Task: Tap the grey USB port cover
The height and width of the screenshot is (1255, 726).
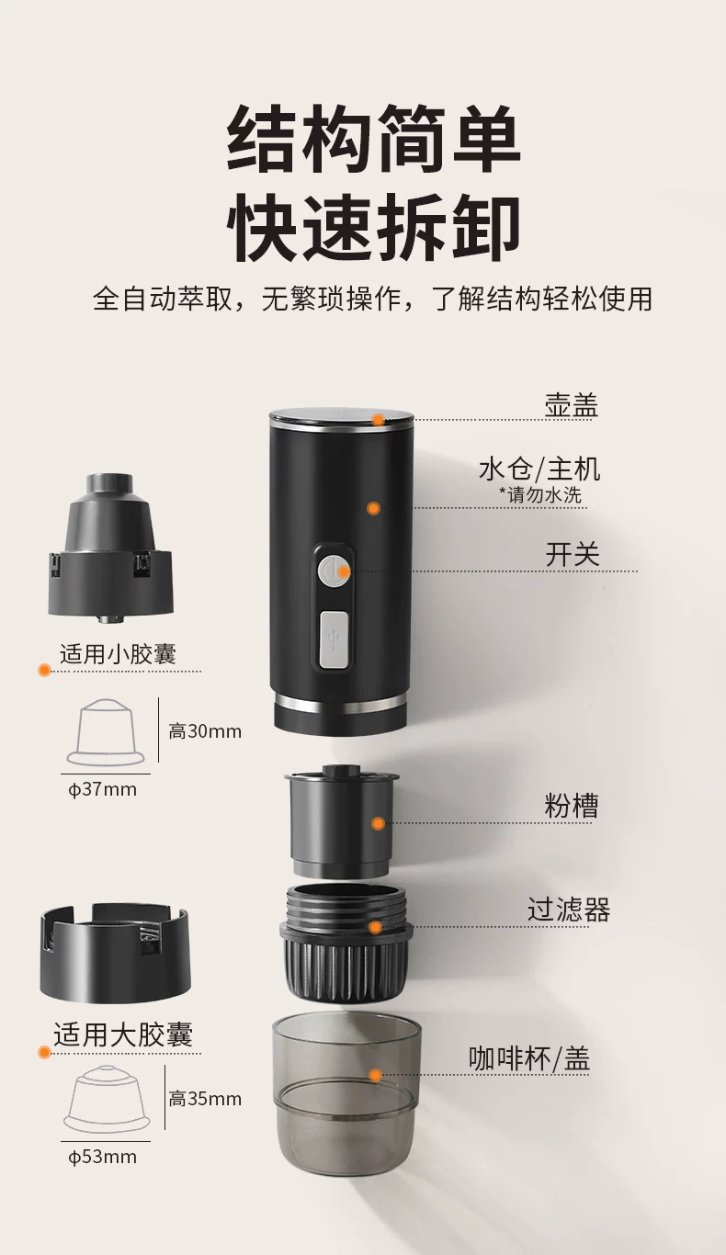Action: tap(335, 639)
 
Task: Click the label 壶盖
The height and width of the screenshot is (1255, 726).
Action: tap(572, 405)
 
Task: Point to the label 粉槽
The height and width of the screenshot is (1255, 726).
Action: tap(572, 806)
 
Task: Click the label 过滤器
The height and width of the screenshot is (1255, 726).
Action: tap(569, 910)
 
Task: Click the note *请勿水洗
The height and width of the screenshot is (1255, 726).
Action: tap(539, 494)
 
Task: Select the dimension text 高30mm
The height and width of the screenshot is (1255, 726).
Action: tap(205, 731)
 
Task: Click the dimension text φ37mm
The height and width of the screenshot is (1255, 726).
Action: tap(102, 789)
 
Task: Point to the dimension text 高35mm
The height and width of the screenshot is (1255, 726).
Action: tap(205, 1099)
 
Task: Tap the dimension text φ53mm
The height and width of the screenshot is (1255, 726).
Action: tap(102, 1157)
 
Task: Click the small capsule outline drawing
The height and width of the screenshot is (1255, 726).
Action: tap(106, 732)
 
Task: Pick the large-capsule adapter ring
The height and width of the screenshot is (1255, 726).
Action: tap(115, 954)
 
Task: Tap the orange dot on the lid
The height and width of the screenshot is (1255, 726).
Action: tap(379, 420)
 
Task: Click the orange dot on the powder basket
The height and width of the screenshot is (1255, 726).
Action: tap(379, 823)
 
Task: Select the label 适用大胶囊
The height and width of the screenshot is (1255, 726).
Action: tap(123, 1035)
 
